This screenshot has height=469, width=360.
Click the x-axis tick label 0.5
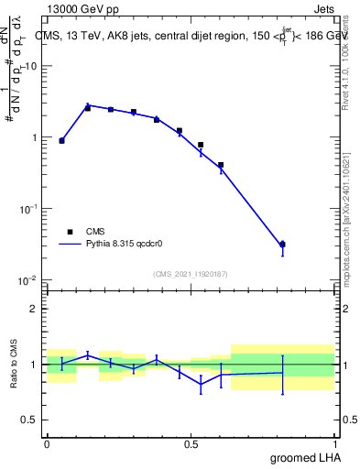click(x=191, y=442)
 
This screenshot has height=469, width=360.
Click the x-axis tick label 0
click(x=47, y=442)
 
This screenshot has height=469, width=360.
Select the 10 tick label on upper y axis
click(x=29, y=67)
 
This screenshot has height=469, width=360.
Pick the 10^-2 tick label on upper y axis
click(x=27, y=279)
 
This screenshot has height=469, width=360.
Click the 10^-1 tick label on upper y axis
click(x=27, y=209)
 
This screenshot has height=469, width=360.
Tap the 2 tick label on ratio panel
click(x=34, y=309)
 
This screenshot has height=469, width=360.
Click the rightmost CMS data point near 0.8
click(x=283, y=245)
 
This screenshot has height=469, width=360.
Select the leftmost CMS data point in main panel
click(x=61, y=141)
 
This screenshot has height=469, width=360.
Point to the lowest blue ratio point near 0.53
click(x=201, y=385)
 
